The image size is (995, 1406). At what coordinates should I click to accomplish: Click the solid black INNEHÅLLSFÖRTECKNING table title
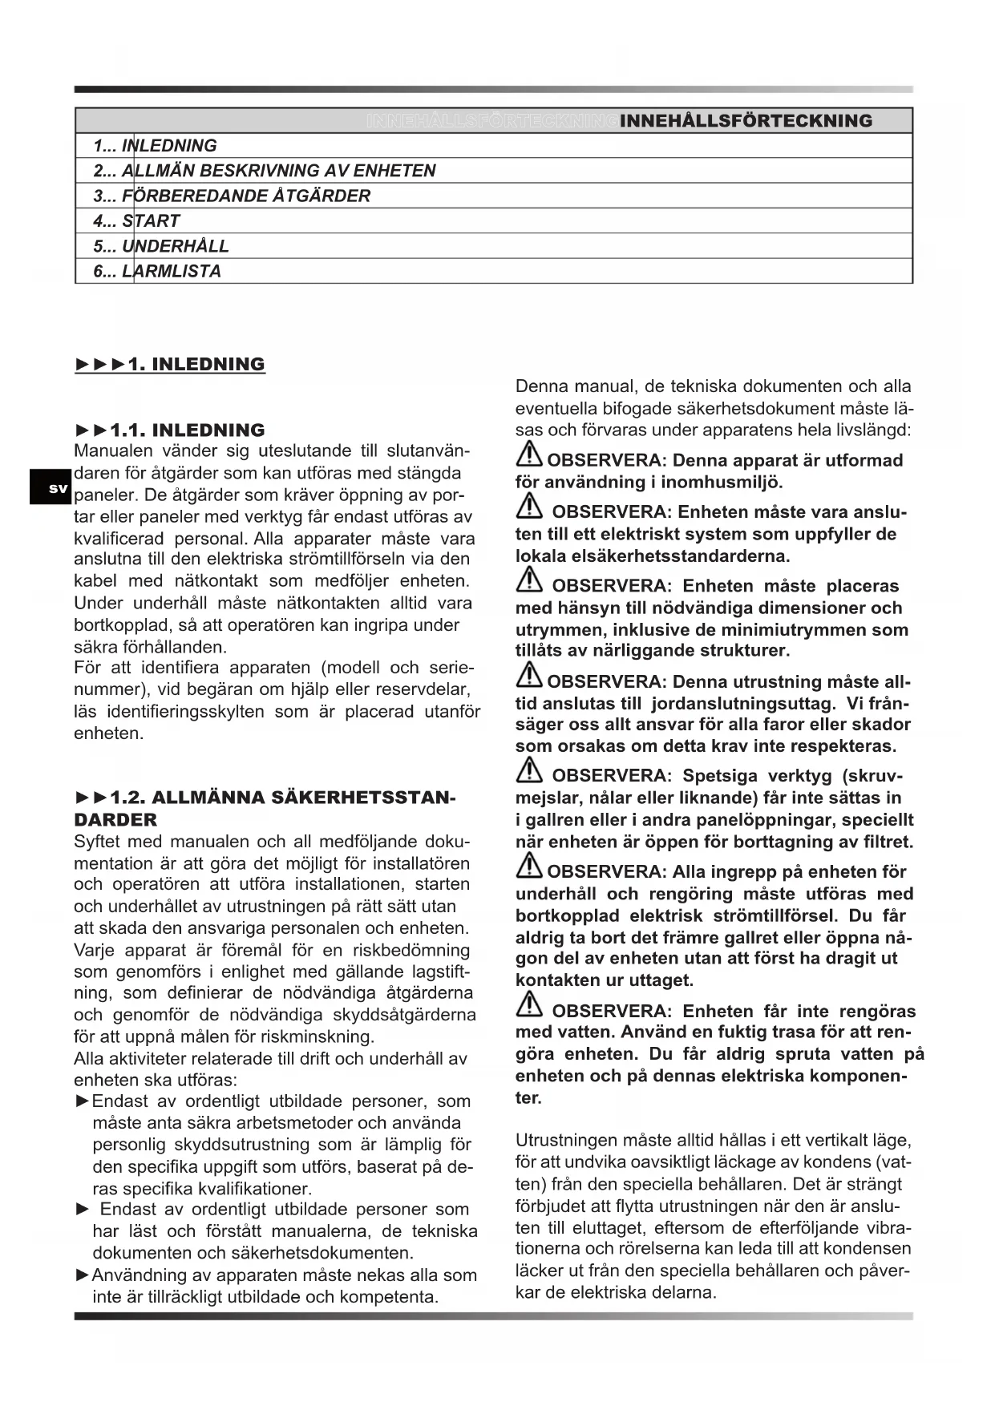pyautogui.click(x=746, y=121)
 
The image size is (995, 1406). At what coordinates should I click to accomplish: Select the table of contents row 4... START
pyautogui.click(x=136, y=221)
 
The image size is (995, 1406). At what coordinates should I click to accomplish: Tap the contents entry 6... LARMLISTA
pyautogui.click(x=156, y=271)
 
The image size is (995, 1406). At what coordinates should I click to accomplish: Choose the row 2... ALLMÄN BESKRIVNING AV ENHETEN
pyautogui.click(x=264, y=171)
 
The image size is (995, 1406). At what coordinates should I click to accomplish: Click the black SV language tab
pyautogui.click(x=51, y=487)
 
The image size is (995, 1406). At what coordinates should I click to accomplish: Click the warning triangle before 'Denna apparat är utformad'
pyautogui.click(x=529, y=455)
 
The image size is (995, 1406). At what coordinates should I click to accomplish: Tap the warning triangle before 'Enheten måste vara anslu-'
pyautogui.click(x=529, y=507)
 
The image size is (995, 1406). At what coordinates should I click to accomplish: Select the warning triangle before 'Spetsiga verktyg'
pyautogui.click(x=529, y=771)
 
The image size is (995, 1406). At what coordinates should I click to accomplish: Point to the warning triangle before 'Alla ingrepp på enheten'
pyautogui.click(x=529, y=867)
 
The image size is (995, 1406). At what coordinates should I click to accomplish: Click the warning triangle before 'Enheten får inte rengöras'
pyautogui.click(x=529, y=1005)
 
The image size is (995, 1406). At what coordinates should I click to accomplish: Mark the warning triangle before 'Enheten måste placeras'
pyautogui.click(x=529, y=580)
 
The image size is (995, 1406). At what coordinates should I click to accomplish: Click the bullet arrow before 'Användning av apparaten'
pyautogui.click(x=82, y=1275)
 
